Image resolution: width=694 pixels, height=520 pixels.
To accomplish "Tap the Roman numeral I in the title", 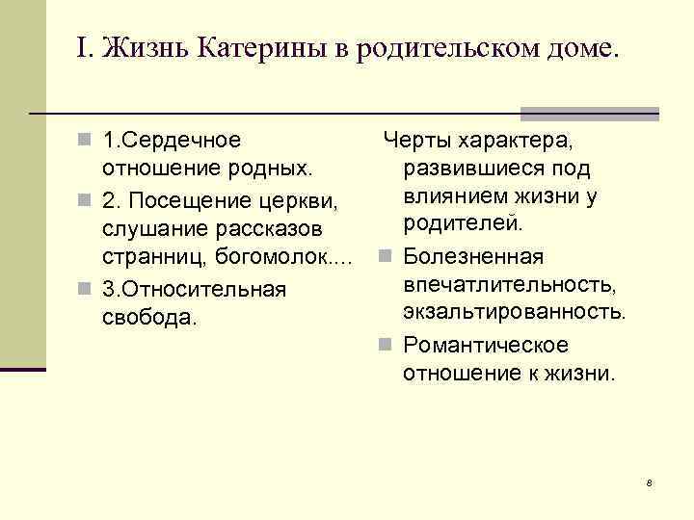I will [81, 47].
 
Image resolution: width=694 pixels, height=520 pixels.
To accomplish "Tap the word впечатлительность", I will [510, 285].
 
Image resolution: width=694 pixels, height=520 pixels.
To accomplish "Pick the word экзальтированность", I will [515, 313].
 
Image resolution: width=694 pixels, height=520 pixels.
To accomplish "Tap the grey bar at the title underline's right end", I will [589, 113].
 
